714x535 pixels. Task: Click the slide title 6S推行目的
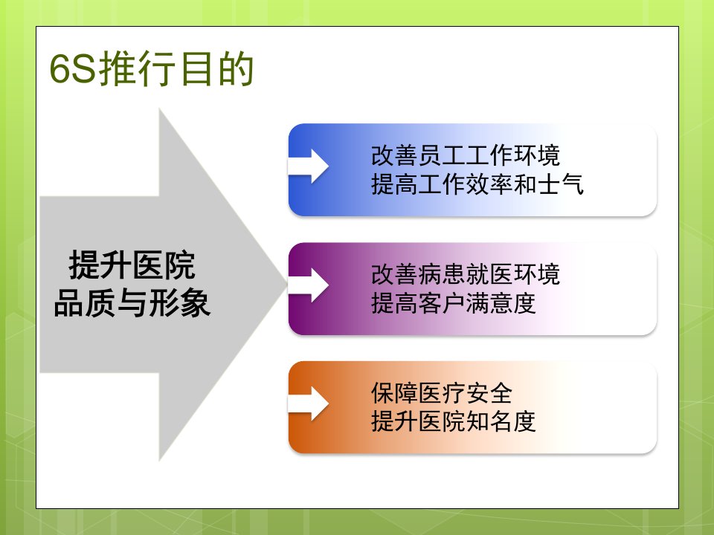[151, 69]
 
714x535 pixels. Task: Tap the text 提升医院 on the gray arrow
[132, 265]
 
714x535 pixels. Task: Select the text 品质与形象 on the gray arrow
[132, 302]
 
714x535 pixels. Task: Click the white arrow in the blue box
[309, 166]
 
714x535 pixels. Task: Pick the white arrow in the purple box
[309, 285]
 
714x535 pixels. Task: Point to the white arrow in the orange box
[309, 403]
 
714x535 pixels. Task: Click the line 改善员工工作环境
[466, 155]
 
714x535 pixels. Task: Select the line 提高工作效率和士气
[477, 184]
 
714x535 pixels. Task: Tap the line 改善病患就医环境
[466, 274]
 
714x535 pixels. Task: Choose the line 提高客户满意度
[454, 303]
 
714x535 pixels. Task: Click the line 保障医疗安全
[442, 393]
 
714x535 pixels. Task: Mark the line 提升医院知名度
[454, 421]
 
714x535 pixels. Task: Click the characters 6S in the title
[72, 70]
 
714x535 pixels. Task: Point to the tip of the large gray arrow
[287, 285]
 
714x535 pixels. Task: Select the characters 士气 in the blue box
[560, 184]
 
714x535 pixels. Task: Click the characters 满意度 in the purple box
[501, 303]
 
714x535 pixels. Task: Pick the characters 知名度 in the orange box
[501, 421]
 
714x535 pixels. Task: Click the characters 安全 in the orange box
[489, 393]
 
